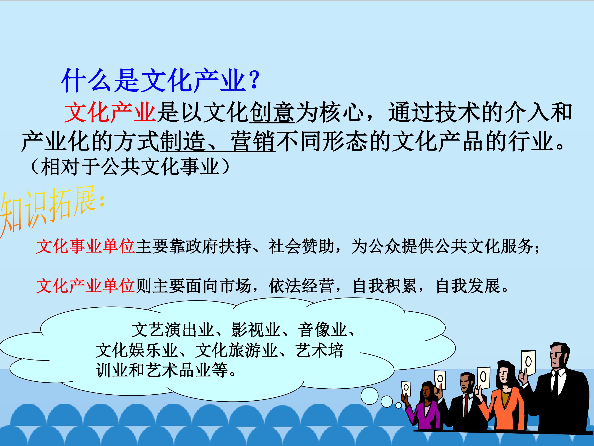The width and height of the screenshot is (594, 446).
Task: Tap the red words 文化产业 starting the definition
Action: (110, 112)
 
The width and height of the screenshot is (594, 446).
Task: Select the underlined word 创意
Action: (272, 112)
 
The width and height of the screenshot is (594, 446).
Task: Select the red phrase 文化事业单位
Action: (85, 246)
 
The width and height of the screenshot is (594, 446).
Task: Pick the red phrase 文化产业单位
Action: (85, 286)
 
